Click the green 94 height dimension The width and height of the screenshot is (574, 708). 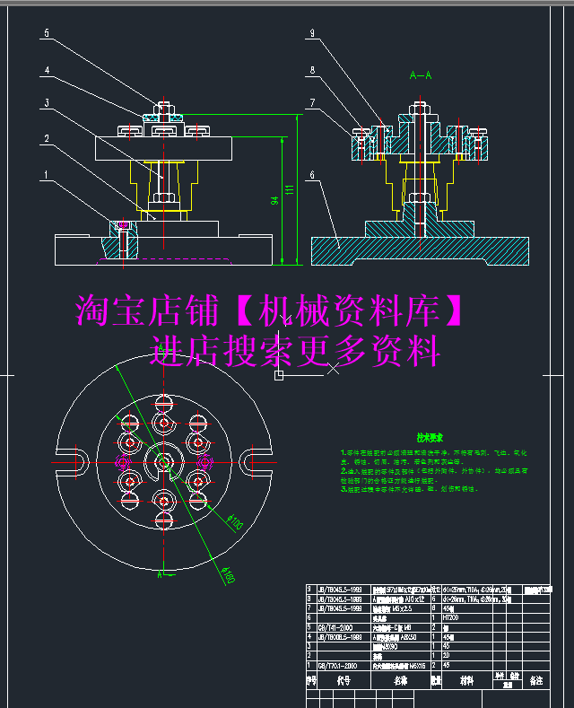click(x=274, y=202)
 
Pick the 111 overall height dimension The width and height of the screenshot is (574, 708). click(x=290, y=190)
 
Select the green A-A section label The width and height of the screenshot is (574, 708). click(x=420, y=75)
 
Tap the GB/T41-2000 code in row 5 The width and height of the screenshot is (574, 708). click(x=340, y=627)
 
